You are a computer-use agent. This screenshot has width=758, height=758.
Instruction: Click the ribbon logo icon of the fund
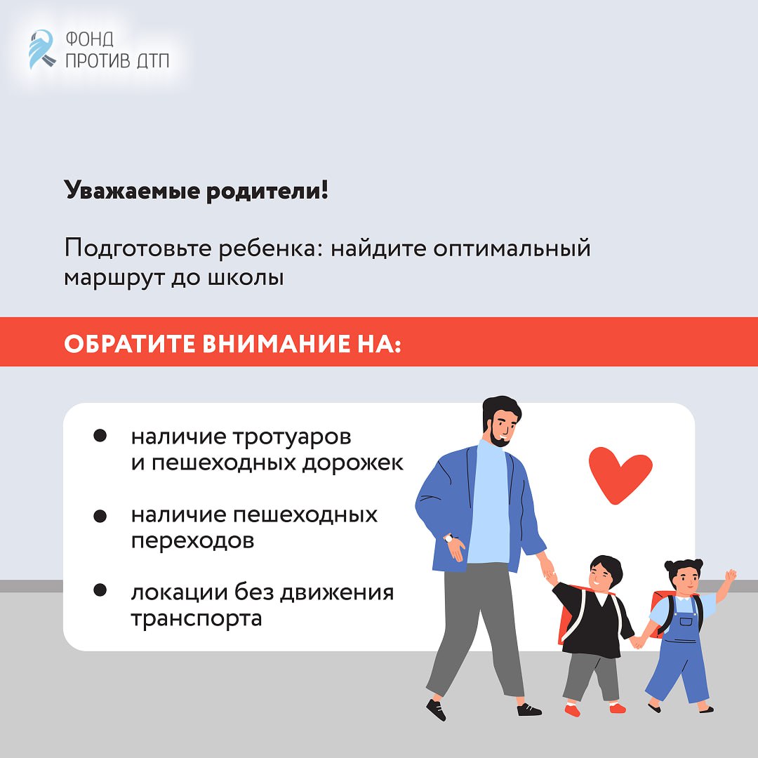41,49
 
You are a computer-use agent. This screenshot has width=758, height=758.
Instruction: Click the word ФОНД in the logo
89,39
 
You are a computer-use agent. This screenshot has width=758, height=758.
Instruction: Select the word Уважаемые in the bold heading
131,191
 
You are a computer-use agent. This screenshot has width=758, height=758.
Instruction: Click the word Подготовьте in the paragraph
138,249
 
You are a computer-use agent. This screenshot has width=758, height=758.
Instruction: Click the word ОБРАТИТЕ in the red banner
130,344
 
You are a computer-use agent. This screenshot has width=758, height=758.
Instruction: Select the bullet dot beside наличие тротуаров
100,436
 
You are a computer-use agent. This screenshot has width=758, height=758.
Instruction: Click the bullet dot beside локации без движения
100,590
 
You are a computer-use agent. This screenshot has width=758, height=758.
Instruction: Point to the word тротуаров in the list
292,438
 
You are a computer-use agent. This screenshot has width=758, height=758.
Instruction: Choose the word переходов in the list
192,541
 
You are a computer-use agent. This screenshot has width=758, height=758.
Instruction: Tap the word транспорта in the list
197,619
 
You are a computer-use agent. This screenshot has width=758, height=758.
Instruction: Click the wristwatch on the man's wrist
449,538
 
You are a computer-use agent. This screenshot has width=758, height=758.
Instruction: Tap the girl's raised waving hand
731,576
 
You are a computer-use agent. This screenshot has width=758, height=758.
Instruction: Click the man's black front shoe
436,709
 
